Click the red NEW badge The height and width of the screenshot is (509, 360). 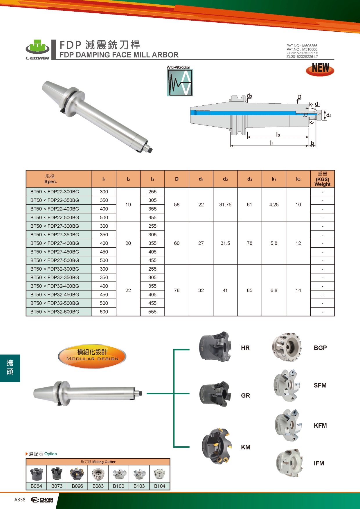320,69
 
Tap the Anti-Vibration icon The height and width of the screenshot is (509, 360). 180,81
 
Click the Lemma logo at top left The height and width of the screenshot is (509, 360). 38,50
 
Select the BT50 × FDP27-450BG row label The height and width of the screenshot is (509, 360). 55,252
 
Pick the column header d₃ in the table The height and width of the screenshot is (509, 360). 250,179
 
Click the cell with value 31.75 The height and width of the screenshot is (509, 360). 225,204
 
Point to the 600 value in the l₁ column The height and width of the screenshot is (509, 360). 104,312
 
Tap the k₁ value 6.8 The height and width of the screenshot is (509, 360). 274,290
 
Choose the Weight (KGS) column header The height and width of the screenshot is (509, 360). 323,179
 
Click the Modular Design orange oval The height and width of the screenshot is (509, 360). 92,356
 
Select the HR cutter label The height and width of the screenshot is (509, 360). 245,348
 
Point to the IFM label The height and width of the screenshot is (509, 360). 319,463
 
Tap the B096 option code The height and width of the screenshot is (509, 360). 78,486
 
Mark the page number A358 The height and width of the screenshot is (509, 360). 20,499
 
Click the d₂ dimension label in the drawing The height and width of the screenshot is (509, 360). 329,115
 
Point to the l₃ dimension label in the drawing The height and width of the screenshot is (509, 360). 278,134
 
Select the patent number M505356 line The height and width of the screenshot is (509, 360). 302,46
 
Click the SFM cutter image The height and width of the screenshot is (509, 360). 286,386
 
